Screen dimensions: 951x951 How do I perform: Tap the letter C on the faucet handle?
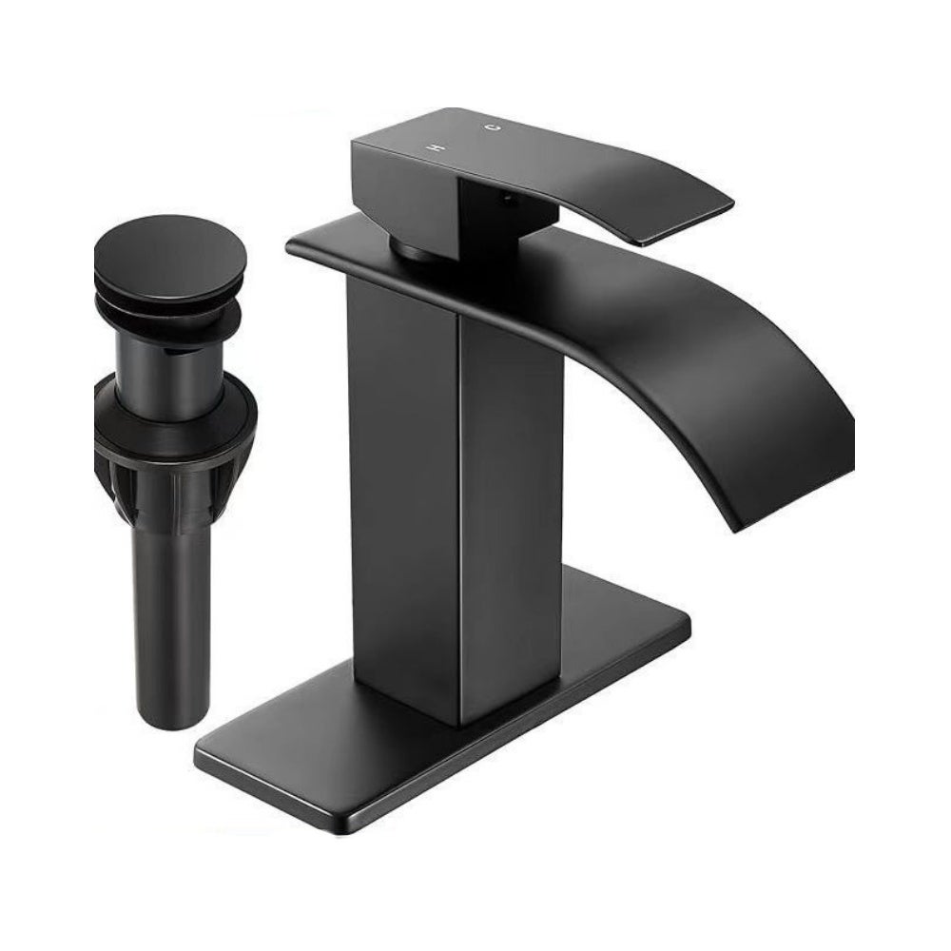point(494,126)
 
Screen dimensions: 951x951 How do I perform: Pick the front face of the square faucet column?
point(511,515)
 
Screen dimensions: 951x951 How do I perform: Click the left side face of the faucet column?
point(402,485)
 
